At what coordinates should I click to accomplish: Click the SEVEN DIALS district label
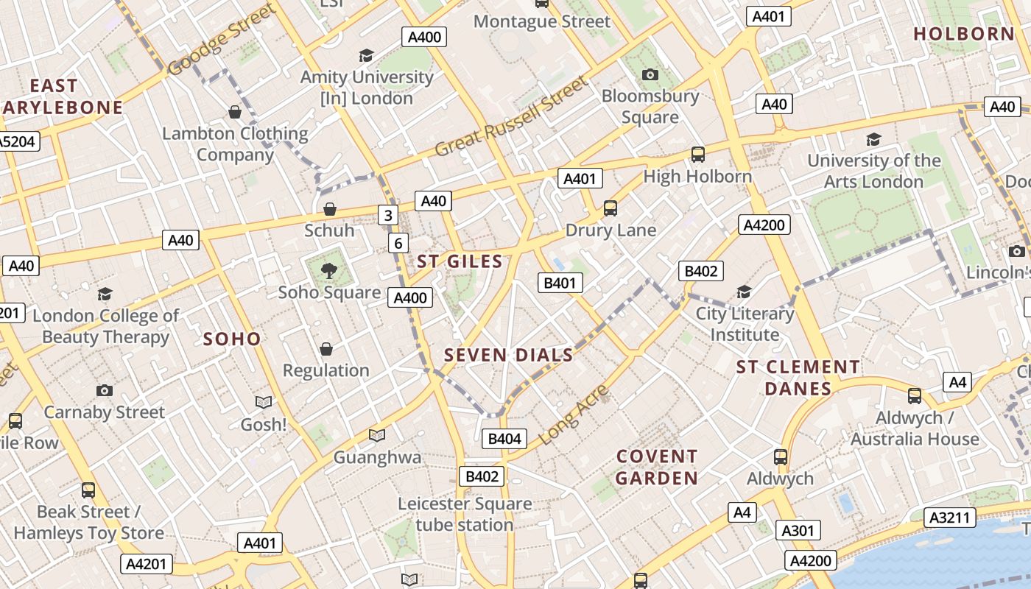(508, 355)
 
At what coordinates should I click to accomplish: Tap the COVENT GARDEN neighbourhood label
(656, 468)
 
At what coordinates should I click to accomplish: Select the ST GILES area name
(460, 261)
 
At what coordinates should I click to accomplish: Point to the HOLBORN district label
(964, 34)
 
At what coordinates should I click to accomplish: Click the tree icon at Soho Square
(329, 271)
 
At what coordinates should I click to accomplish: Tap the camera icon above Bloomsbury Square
(650, 74)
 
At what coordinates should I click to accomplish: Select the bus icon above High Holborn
(697, 155)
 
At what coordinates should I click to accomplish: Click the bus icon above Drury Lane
(610, 208)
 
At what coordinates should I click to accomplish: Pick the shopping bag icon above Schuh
(329, 210)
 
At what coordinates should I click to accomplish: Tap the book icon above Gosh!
(263, 402)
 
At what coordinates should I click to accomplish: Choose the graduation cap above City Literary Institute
(744, 292)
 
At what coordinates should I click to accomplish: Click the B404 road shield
(504, 439)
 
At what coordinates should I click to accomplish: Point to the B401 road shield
(560, 283)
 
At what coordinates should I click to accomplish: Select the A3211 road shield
(950, 517)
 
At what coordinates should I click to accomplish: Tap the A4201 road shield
(147, 564)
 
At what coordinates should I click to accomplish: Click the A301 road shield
(797, 530)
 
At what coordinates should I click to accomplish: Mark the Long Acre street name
(574, 414)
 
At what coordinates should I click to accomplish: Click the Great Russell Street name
(513, 116)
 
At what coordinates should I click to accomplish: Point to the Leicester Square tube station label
(464, 515)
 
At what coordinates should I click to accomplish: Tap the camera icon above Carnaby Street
(104, 390)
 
